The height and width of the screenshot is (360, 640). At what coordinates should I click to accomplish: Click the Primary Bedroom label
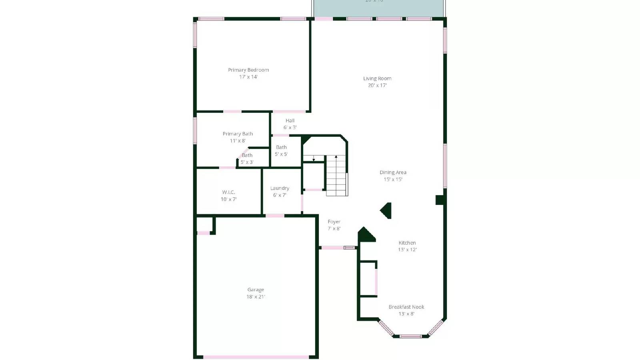(x=248, y=70)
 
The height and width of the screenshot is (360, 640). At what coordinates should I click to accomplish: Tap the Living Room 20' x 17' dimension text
(x=377, y=85)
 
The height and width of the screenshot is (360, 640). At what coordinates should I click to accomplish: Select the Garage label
(x=256, y=290)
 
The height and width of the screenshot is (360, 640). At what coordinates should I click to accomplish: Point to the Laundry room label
(x=280, y=188)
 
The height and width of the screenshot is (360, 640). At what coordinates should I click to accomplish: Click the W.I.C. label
(x=228, y=192)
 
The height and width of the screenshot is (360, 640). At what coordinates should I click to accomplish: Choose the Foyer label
(x=334, y=222)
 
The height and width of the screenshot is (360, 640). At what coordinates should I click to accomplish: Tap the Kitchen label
(x=407, y=243)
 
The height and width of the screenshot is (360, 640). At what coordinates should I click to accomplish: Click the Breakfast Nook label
(x=406, y=307)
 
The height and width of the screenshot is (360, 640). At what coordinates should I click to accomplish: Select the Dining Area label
(x=393, y=172)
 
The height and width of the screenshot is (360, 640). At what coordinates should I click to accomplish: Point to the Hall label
(x=290, y=120)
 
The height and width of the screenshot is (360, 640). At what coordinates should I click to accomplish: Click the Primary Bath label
(x=238, y=134)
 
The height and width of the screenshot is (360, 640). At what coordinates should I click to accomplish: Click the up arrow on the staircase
(x=336, y=157)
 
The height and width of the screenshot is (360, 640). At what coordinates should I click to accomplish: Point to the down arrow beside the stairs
(x=314, y=158)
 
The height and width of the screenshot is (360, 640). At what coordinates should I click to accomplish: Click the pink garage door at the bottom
(x=256, y=357)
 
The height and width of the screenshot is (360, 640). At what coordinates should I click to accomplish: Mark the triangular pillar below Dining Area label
(x=386, y=210)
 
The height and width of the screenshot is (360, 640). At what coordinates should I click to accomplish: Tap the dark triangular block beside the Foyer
(x=365, y=235)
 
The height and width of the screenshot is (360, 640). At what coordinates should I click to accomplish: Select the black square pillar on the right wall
(x=440, y=200)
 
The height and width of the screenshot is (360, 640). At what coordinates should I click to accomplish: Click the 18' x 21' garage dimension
(x=256, y=297)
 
